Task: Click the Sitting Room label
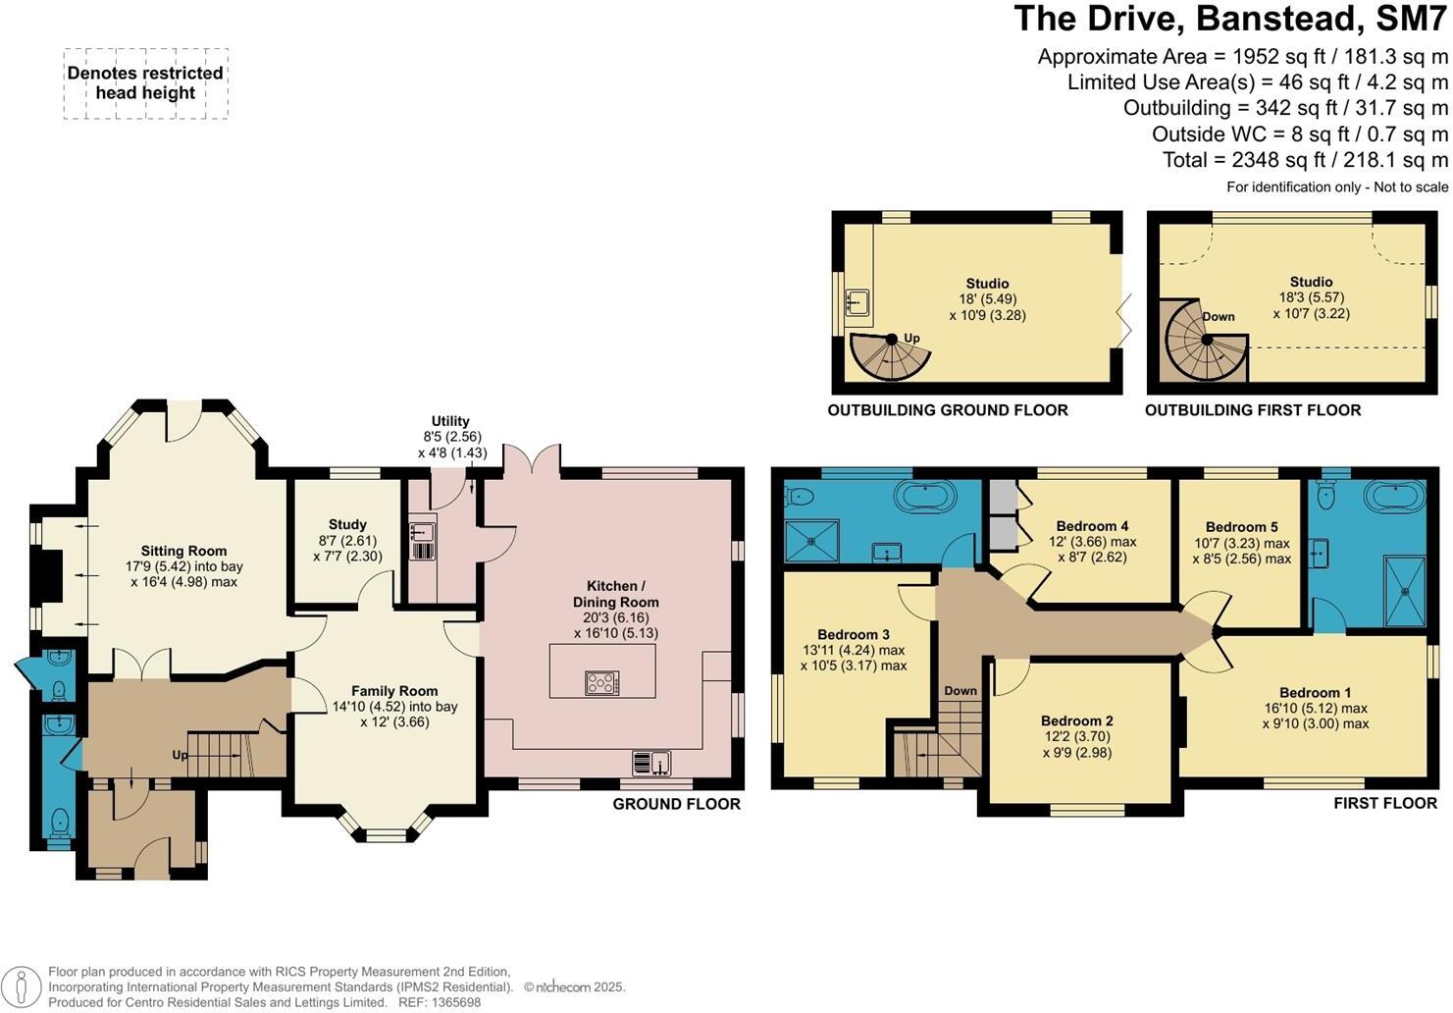183,551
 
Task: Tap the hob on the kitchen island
601,682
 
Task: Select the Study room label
347,524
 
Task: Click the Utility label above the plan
450,421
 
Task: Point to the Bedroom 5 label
1241,527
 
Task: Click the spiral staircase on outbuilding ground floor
888,357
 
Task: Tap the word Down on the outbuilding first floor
1219,316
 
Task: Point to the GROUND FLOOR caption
676,804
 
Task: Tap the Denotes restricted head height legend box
145,83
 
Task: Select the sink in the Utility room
423,533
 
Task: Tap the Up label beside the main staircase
180,755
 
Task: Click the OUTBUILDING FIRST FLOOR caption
1252,410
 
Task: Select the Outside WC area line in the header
1299,134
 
